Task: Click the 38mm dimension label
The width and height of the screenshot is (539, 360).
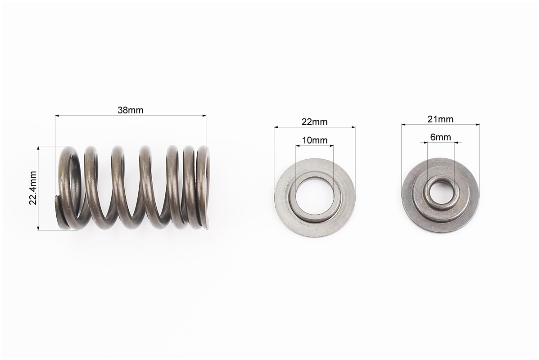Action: tap(130, 110)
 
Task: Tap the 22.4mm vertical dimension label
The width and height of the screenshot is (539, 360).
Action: tap(33, 188)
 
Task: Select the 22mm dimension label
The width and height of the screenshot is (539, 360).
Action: tap(315, 121)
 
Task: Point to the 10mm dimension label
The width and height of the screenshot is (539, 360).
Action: tap(315, 140)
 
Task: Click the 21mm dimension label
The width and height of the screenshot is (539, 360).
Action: tap(440, 119)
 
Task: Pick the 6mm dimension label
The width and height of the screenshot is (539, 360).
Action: tap(440, 137)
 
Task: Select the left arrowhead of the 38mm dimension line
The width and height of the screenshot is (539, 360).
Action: tap(57, 116)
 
